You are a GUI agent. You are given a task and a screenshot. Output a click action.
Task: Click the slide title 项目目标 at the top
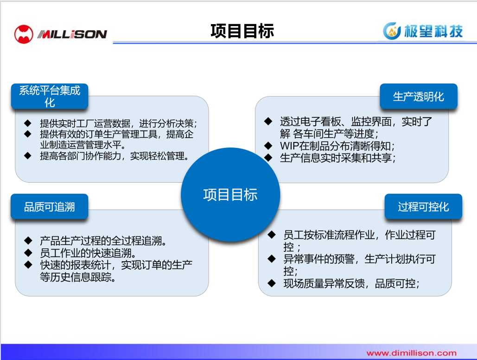pos(242,31)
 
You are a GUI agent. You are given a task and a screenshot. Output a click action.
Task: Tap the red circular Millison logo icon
pos(24,34)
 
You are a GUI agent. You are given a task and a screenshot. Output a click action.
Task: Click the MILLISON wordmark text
pos(72,34)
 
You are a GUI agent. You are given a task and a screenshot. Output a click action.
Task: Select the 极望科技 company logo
pos(423,31)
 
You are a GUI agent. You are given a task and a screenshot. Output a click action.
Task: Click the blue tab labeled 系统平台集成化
pos(50,96)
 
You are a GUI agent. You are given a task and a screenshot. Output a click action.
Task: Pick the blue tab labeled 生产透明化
pos(419,96)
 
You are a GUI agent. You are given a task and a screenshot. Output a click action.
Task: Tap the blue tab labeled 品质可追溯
pos(50,206)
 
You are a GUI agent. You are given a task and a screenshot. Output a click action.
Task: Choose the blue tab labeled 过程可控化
pos(424,206)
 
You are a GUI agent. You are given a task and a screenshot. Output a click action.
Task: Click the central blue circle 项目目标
pos(230,195)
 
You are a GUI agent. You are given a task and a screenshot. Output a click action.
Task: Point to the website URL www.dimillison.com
pos(412,353)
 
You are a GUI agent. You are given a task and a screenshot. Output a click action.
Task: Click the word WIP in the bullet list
pos(289,146)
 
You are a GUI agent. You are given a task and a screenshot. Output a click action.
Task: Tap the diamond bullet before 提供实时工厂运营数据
pos(28,123)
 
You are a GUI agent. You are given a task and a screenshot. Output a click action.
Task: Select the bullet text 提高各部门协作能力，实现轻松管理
pos(114,156)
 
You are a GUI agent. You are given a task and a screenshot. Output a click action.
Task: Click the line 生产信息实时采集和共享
pos(337,158)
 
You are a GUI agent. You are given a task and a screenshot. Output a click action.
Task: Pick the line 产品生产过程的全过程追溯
pos(103,241)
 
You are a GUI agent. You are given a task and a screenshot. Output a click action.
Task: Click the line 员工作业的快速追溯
pos(88,253)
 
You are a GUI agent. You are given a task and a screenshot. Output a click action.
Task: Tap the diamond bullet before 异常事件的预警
pos(271,259)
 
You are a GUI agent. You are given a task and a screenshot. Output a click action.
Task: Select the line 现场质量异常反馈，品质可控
pos(351,283)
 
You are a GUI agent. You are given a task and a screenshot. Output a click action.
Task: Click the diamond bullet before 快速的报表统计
pos(28,264)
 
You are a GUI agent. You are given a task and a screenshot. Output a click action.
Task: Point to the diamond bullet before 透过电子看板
pos(268,121)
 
